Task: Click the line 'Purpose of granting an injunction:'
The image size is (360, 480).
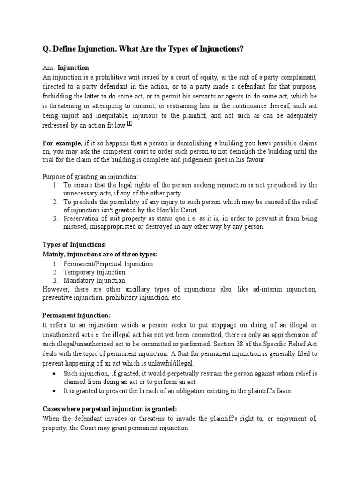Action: point(90,176)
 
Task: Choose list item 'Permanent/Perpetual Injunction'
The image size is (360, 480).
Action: point(108,264)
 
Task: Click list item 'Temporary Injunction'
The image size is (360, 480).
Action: point(95,272)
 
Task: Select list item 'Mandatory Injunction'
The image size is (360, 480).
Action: point(95,281)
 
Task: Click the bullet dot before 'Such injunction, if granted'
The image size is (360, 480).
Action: point(56,374)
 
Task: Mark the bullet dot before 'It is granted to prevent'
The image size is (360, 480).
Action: point(56,391)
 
